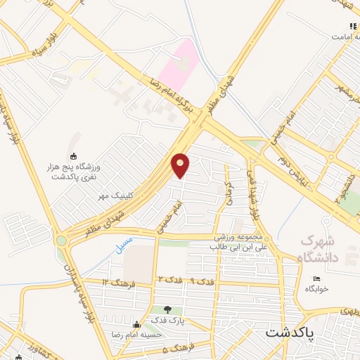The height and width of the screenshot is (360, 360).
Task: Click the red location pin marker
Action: click(x=181, y=165)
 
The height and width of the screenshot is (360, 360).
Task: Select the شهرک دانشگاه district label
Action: click(x=319, y=249)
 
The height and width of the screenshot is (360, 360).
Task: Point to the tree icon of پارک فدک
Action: click(x=167, y=309)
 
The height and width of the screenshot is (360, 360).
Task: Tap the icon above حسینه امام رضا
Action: click(x=136, y=324)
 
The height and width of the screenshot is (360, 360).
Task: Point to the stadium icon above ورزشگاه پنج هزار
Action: click(x=73, y=156)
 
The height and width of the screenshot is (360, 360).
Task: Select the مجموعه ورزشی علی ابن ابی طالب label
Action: click(x=235, y=243)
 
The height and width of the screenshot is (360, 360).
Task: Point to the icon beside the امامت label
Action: click(x=352, y=26)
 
